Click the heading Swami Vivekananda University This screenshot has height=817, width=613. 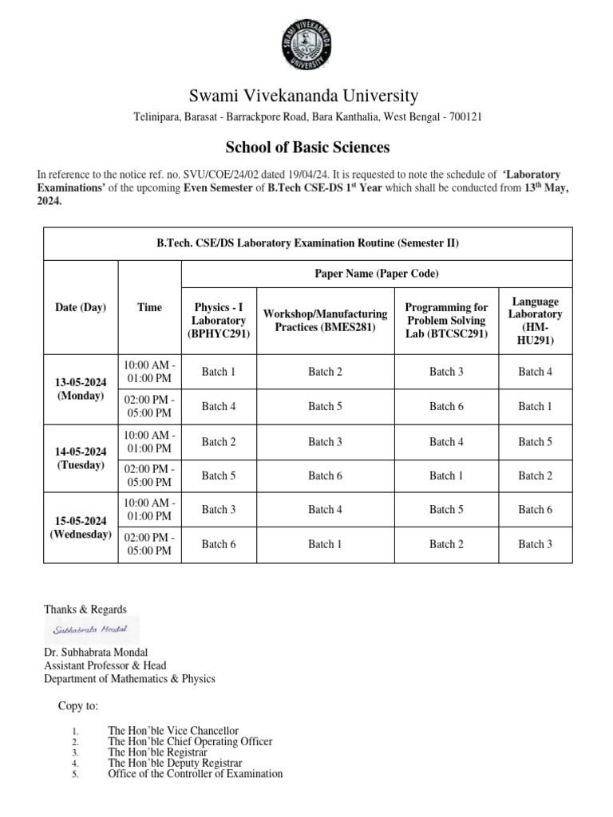[x=303, y=96]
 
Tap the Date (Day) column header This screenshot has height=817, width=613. [x=81, y=307]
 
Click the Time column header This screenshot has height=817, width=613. [x=149, y=307]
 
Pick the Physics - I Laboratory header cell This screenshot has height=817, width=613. [x=219, y=321]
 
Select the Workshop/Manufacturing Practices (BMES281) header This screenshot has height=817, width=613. [x=325, y=321]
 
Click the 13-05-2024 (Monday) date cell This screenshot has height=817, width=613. [x=81, y=389]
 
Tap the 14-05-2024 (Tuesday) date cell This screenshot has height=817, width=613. [x=81, y=458]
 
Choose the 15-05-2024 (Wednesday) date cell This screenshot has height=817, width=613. [x=81, y=527]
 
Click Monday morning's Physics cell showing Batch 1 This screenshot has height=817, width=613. [x=219, y=372]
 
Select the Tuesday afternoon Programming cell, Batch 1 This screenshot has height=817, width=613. [x=446, y=476]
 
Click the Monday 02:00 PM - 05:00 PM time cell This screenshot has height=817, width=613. [x=149, y=406]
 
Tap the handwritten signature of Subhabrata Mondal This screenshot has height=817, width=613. [x=91, y=630]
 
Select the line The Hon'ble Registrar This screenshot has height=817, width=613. [x=157, y=752]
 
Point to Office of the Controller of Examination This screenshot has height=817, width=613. [x=195, y=773]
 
